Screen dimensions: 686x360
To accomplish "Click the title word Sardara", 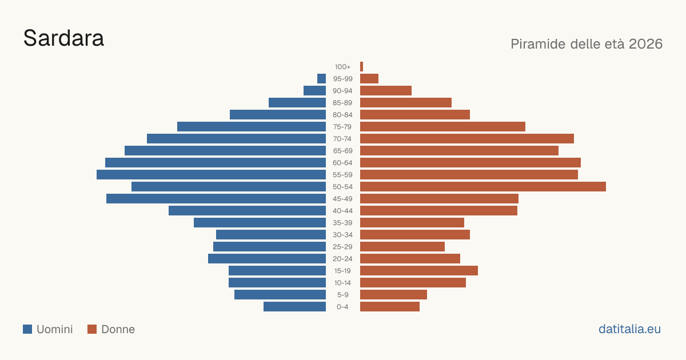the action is click(x=63, y=38).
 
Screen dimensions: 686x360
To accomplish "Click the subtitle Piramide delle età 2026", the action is click(x=587, y=44).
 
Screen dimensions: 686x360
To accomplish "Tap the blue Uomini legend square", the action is click(x=27, y=329).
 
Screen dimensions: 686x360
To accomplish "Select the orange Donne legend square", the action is click(x=92, y=329).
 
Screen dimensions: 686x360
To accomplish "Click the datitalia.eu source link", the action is click(x=629, y=329).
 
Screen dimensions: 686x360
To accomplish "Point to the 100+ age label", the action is click(x=342, y=67).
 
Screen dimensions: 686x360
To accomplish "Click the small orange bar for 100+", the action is click(x=362, y=67).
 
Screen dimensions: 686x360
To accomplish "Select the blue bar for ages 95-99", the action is click(x=321, y=79).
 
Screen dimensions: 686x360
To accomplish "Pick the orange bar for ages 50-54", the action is click(x=483, y=187).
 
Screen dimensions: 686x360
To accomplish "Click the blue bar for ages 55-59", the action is click(x=212, y=175).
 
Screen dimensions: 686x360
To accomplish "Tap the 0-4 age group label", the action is click(x=342, y=307).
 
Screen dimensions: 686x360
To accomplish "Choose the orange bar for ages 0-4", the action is click(x=390, y=307).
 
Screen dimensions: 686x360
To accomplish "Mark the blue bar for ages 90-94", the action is click(x=315, y=91).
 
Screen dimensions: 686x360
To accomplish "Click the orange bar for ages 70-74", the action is click(x=467, y=139).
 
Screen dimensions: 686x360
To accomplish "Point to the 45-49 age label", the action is click(x=342, y=199).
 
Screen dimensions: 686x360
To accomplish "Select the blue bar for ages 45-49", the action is click(x=216, y=199).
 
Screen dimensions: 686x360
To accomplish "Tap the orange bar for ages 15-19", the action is click(x=419, y=271).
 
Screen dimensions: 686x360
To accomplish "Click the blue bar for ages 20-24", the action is click(x=267, y=259).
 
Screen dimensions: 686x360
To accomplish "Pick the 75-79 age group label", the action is click(x=342, y=127).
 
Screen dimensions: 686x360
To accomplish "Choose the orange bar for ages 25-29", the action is click(x=402, y=247).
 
